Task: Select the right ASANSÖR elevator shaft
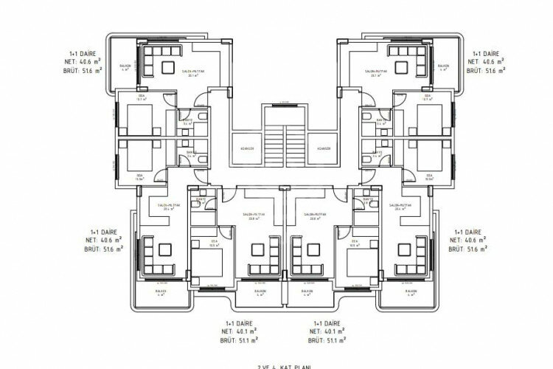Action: (323, 148)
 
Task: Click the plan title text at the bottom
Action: (276, 365)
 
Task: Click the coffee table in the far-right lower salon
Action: (403, 251)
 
